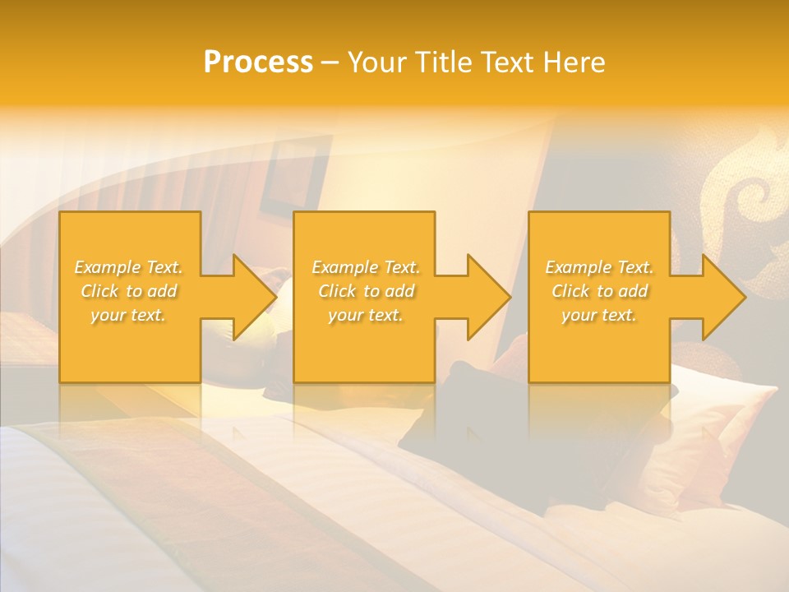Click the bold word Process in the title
(258, 62)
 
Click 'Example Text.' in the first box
(129, 267)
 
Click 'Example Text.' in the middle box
(366, 267)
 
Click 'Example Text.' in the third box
(599, 267)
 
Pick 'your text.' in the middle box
(365, 315)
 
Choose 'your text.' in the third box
(598, 315)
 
